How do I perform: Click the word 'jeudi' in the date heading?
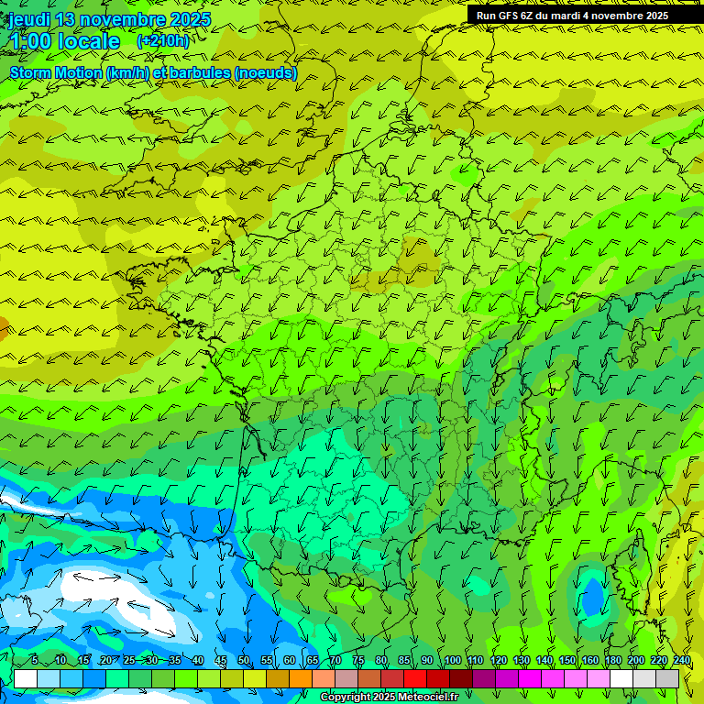click(31, 19)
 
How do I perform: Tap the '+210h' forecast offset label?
click(163, 41)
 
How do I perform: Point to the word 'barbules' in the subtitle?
click(203, 72)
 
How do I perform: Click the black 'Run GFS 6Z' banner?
click(572, 16)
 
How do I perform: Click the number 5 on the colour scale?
click(34, 660)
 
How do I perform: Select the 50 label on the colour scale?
click(244, 660)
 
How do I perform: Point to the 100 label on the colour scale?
click(452, 660)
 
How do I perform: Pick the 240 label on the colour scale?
click(681, 660)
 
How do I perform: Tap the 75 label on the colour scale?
click(358, 660)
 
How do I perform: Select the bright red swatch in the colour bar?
click(415, 678)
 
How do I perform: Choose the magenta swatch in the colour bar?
click(530, 678)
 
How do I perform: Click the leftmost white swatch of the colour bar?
click(26, 678)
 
